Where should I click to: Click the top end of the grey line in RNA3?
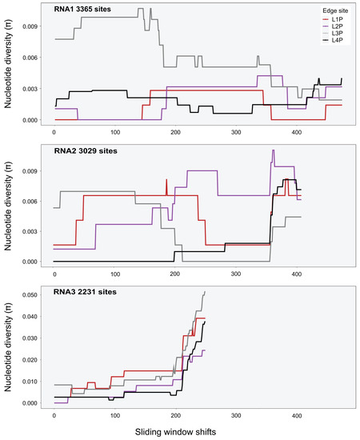(x=206, y=292)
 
